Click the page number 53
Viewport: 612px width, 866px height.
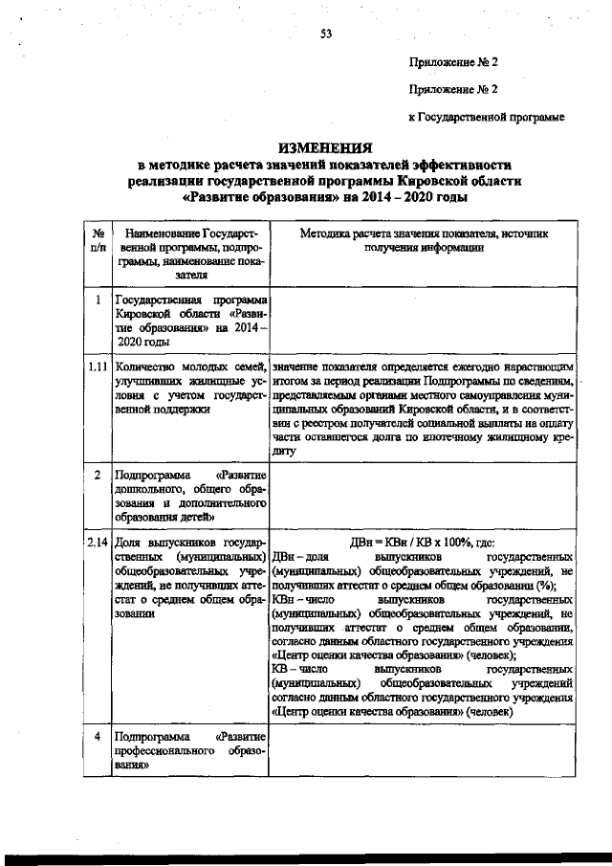325,34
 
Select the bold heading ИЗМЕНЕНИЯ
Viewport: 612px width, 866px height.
324,148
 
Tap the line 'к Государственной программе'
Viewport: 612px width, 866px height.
486,117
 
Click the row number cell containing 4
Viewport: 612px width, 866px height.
98,738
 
